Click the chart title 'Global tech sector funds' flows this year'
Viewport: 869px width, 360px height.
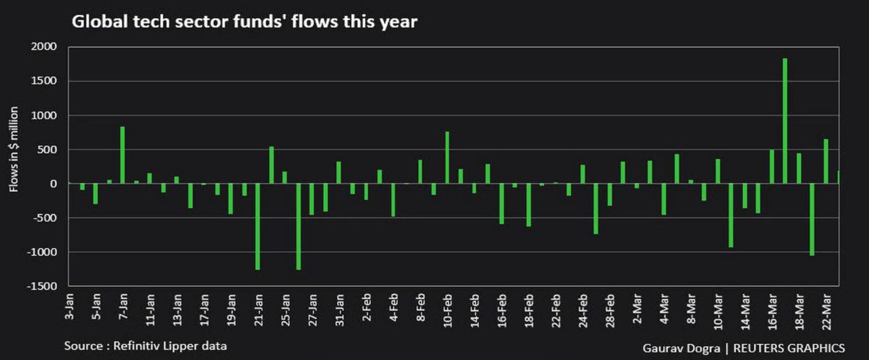click(x=244, y=22)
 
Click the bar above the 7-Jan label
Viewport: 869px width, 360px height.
click(x=122, y=155)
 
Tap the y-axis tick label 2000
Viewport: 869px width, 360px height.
click(x=44, y=47)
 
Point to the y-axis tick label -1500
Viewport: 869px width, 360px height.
click(x=42, y=286)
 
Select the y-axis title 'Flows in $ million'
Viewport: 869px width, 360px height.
click(x=14, y=149)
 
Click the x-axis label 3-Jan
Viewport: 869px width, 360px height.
click(x=69, y=306)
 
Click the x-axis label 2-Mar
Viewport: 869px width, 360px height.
click(x=637, y=308)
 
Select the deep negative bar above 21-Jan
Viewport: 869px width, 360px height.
click(x=258, y=226)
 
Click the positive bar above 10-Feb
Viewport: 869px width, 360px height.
click(x=447, y=157)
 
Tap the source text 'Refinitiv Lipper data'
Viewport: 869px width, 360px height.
click(x=170, y=346)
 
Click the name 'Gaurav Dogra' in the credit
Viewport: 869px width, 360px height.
click(x=681, y=348)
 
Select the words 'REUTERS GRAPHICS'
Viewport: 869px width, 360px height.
click(x=789, y=348)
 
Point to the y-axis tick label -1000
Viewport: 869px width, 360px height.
click(x=42, y=252)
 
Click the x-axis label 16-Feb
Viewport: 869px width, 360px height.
click(x=502, y=310)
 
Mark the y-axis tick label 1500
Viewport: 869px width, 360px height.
click(x=44, y=81)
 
